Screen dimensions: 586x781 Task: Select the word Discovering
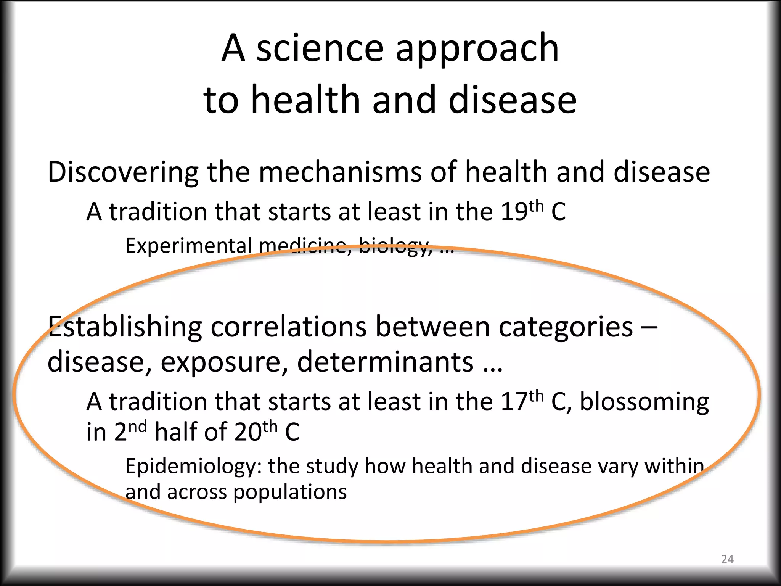tap(123, 172)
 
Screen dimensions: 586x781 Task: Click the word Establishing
tap(125, 327)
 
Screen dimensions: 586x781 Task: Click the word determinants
tap(385, 361)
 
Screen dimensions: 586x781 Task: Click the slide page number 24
tap(727, 559)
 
